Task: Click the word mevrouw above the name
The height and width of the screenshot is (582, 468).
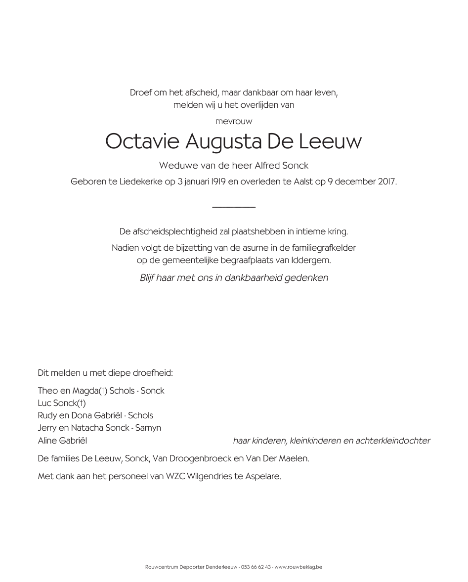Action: coord(233,121)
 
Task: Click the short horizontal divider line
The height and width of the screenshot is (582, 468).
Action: coord(233,207)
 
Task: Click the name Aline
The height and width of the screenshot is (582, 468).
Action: coord(47,441)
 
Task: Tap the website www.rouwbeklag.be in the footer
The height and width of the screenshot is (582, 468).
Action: coord(298,567)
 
